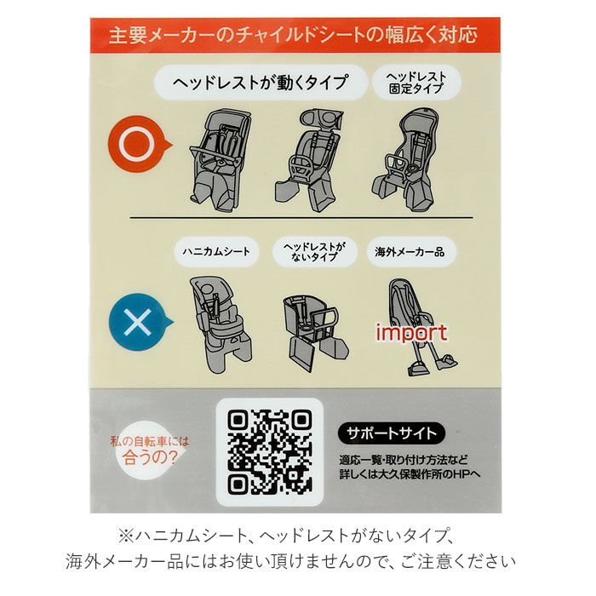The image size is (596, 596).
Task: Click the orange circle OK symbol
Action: pyautogui.click(x=137, y=146)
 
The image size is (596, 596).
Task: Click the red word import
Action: pyautogui.click(x=411, y=332)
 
